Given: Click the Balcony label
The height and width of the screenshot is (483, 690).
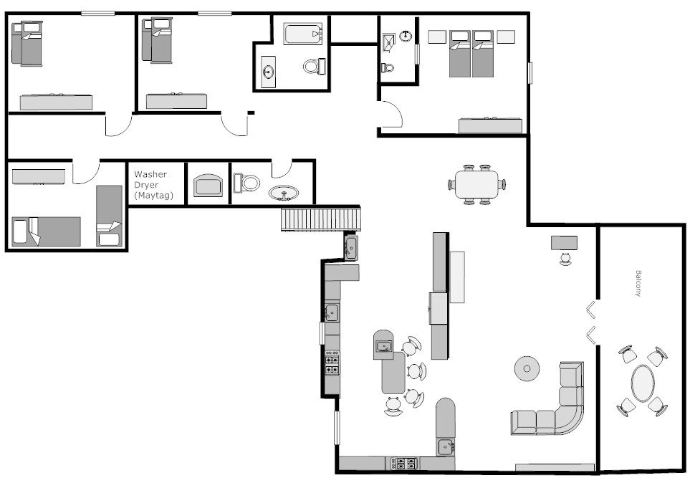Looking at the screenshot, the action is pos(638,283).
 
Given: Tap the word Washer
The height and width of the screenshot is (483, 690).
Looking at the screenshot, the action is pos(150,174).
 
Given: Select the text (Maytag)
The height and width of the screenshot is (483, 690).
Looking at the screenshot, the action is pos(153,195).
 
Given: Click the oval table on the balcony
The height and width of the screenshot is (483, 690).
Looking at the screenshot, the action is pos(643,383).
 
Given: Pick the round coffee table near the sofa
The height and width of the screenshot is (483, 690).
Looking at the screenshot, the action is pos(527,369).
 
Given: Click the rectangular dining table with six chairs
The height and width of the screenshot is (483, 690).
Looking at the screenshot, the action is pos(476,184).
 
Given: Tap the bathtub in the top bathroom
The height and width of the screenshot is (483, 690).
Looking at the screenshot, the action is pos(304,34).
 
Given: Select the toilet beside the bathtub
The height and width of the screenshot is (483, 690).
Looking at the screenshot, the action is pos(315,67).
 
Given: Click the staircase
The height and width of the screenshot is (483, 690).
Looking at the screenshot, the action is pos(321,219).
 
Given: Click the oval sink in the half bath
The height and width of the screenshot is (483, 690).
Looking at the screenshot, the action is pos(284,193).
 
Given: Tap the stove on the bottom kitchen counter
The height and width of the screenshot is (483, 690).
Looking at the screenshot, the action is pos(406,464).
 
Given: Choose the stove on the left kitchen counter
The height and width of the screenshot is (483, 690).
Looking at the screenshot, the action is pos(332,363).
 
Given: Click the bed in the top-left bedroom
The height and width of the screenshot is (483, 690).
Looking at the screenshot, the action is pos(27,43).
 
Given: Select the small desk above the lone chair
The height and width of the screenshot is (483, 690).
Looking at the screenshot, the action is pos(564,243).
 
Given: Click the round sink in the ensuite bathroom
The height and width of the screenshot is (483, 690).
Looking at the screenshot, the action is pos(406,36).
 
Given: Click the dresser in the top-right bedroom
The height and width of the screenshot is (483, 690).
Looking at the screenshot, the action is pos(490,125).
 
